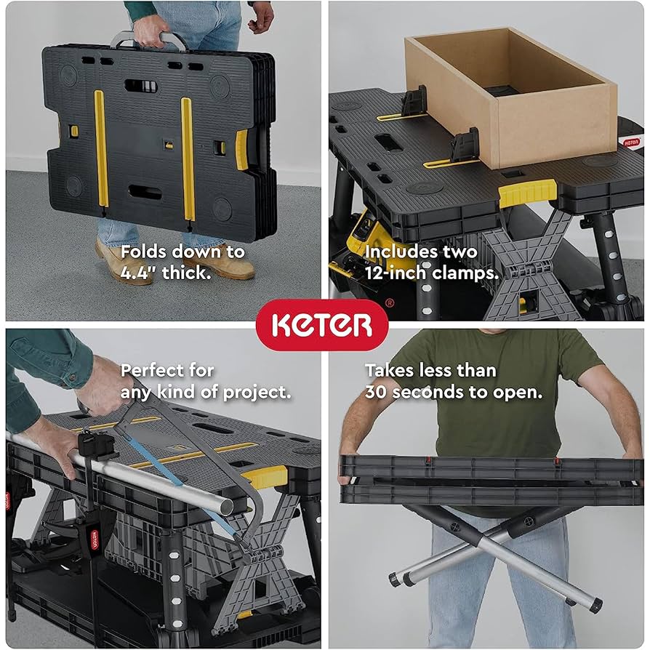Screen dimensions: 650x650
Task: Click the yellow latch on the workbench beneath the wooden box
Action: (528, 193)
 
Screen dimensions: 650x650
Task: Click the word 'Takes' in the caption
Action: (390, 370)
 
